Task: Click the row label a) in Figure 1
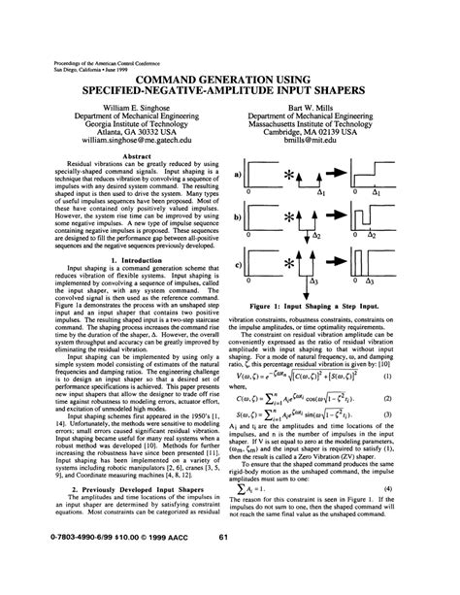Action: [237, 175]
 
